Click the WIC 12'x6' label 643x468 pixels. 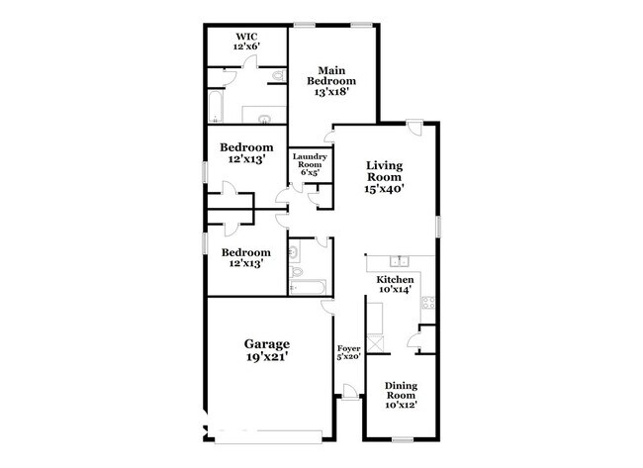[x=246, y=42]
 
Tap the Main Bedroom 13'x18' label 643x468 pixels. [x=331, y=81]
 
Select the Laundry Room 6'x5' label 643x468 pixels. [x=310, y=164]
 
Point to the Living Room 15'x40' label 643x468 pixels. [x=384, y=177]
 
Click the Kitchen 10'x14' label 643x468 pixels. [x=395, y=285]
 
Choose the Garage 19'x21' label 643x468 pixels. [x=267, y=350]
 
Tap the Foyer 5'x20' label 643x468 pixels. [x=348, y=353]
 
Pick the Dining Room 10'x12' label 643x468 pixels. [x=401, y=396]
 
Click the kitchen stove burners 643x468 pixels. [x=428, y=303]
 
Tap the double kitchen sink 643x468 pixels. [x=399, y=260]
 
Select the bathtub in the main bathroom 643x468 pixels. [x=216, y=106]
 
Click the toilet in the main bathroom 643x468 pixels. [x=279, y=76]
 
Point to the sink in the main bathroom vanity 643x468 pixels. [x=264, y=119]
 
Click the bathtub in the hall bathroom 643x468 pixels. [x=308, y=287]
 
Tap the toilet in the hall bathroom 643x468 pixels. [x=296, y=271]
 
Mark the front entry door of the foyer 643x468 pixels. [x=350, y=392]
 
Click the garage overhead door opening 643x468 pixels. [x=269, y=437]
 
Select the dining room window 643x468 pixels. [x=403, y=440]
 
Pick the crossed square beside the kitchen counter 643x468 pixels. [x=375, y=343]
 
